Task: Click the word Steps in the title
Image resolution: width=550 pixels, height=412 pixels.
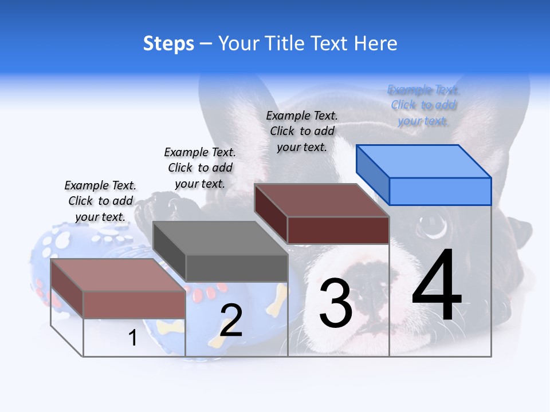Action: point(168,43)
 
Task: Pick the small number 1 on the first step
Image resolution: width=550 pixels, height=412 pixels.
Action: point(133,338)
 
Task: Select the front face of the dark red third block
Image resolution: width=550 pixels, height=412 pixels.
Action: point(338,230)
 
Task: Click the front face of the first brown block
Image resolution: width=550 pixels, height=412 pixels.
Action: point(134,304)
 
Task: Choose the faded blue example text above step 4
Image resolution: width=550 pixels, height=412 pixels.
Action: point(423,105)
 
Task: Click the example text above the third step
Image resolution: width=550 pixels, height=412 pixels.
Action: point(302,131)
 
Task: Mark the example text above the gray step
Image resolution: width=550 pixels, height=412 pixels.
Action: point(200,168)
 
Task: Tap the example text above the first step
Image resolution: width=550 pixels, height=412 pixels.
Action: point(100,201)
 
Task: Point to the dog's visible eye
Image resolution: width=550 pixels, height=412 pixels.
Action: point(434,225)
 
